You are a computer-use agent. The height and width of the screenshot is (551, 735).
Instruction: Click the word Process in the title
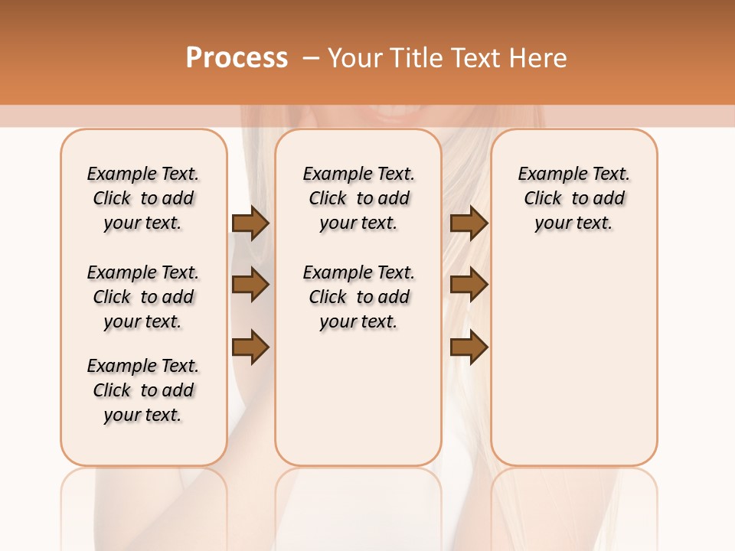tap(237, 58)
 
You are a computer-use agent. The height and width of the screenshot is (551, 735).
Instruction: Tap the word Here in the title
tap(539, 58)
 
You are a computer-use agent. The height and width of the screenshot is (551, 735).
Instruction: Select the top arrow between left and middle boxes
tap(250, 223)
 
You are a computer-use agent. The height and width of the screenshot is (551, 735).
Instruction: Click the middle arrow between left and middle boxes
tap(250, 285)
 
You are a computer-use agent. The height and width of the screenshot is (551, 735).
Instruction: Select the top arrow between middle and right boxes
tap(469, 223)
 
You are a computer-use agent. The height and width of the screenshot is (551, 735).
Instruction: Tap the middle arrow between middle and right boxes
tap(469, 285)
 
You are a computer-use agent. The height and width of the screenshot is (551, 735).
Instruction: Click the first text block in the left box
tap(143, 198)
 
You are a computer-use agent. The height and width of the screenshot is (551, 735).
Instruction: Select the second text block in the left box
tap(143, 297)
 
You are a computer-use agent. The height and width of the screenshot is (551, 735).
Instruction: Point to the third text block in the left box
tap(143, 390)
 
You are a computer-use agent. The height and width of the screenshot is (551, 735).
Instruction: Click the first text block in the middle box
tap(358, 198)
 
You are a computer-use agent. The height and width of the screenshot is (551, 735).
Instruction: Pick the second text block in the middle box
tap(358, 297)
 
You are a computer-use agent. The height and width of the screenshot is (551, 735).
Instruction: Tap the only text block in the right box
tap(573, 198)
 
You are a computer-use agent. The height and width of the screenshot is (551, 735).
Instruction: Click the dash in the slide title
tap(310, 58)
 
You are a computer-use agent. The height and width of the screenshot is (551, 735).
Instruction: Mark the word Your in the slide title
tap(354, 58)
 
